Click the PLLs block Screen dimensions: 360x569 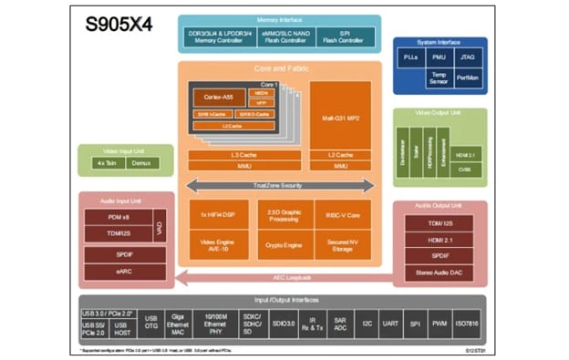point(413,58)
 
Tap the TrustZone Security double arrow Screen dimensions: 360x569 point(280,185)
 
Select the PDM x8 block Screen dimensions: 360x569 point(117,216)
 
